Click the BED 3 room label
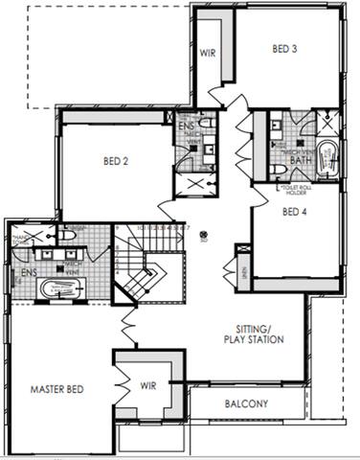(284, 49)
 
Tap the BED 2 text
(116, 161)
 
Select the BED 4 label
(296, 213)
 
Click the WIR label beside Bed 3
(207, 53)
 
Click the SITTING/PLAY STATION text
(254, 333)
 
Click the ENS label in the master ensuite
(28, 271)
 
